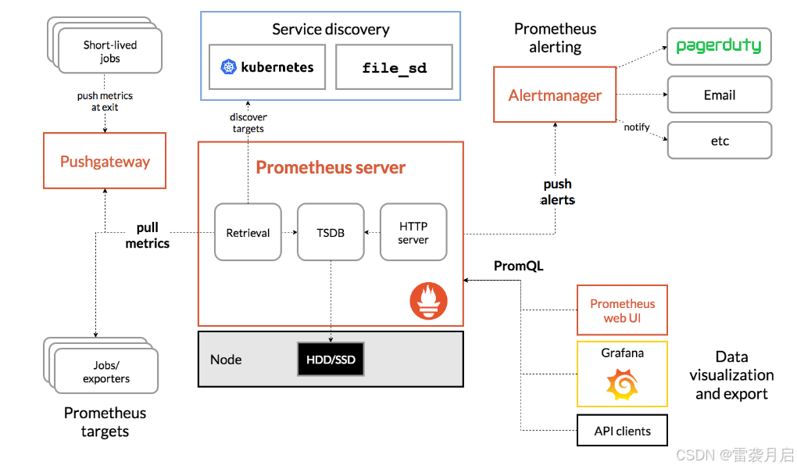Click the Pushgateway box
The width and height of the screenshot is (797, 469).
[x=105, y=161]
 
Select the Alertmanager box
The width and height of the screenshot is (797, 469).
[x=555, y=95]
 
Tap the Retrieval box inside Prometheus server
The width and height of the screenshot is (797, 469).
[x=248, y=232]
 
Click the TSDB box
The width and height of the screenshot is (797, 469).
[x=331, y=232]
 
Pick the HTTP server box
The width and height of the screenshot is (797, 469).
[x=413, y=232]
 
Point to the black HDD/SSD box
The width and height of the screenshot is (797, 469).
[x=331, y=360]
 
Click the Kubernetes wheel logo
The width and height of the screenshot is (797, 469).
[x=228, y=67]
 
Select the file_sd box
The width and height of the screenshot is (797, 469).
[x=394, y=67]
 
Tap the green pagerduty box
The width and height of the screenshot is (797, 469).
[x=718, y=46]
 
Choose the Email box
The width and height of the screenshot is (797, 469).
[x=719, y=95]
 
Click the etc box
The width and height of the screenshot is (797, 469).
[x=719, y=141]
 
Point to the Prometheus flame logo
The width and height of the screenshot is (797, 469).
[x=428, y=301]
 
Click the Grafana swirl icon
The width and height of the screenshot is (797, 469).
[x=622, y=384]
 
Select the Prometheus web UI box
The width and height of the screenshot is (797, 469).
[x=622, y=310]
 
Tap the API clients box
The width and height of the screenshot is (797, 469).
[x=622, y=430]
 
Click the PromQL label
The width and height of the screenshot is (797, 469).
[x=518, y=266]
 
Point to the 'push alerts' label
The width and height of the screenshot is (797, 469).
[x=557, y=192]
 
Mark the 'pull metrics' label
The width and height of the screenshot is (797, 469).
[x=147, y=235]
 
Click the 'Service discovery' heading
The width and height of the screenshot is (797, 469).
[x=331, y=30]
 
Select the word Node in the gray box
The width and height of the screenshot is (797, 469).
[x=226, y=360]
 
